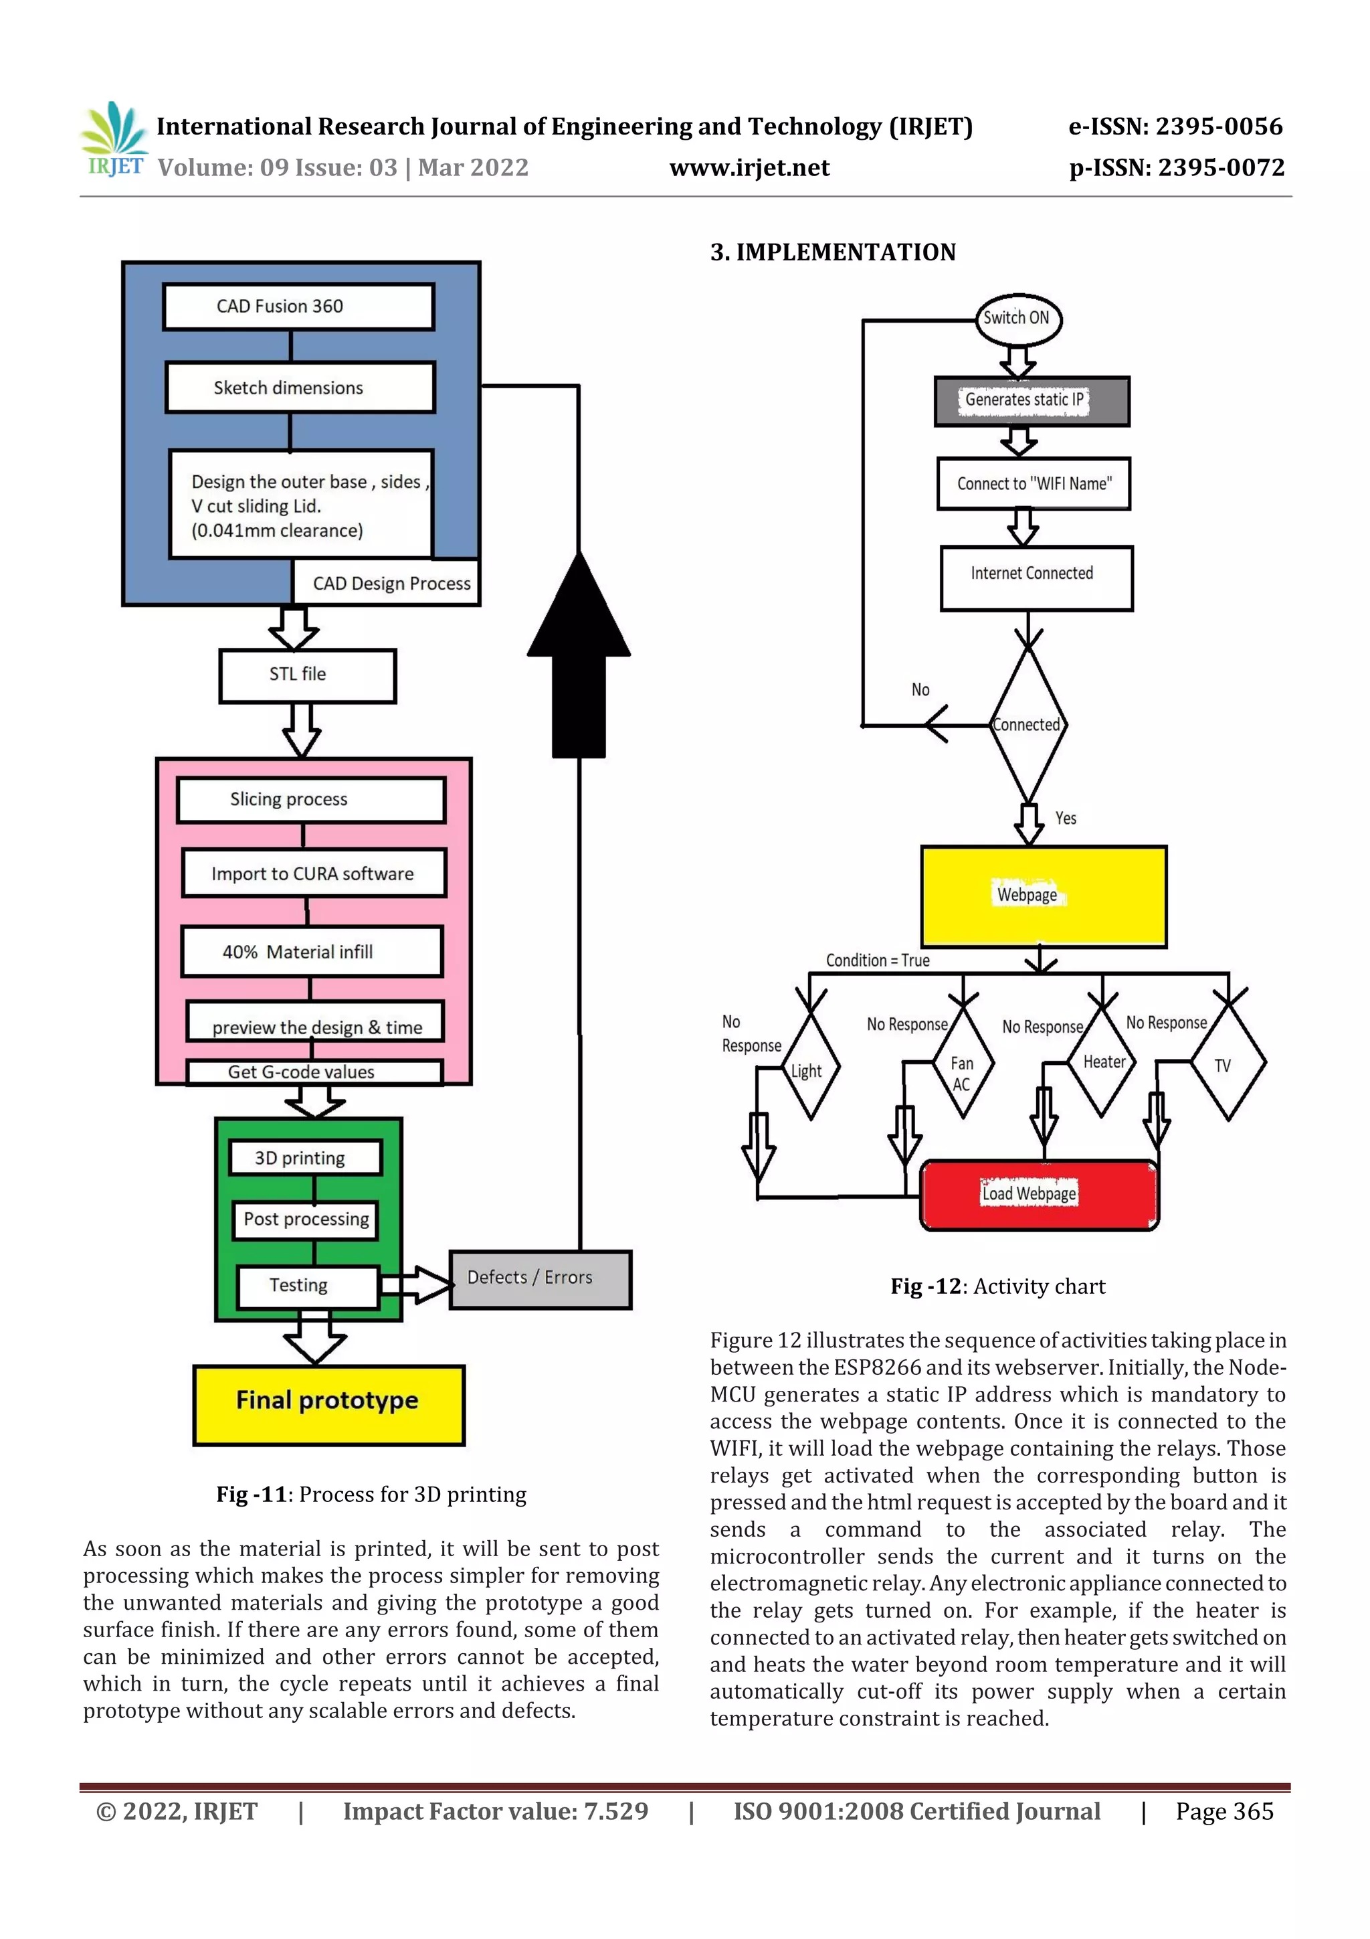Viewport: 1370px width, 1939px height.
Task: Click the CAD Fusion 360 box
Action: click(298, 307)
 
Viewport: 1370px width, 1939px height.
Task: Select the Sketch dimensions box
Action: click(300, 388)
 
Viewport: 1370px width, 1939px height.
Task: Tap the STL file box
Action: click(307, 675)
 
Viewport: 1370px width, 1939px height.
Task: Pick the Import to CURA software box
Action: click(313, 873)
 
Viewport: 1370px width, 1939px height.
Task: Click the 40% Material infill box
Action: click(312, 952)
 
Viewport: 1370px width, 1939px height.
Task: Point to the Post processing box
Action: click(306, 1219)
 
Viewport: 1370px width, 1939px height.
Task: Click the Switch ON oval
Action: click(1017, 319)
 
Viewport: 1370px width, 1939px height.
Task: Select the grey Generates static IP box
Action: click(1031, 400)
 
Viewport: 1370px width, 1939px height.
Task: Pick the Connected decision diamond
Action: click(1027, 726)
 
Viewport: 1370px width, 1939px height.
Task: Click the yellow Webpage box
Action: click(1044, 896)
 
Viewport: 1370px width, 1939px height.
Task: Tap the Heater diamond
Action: click(1102, 1061)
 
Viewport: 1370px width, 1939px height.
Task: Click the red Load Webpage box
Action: click(1038, 1194)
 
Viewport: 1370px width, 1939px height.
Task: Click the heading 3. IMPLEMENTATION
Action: click(832, 252)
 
